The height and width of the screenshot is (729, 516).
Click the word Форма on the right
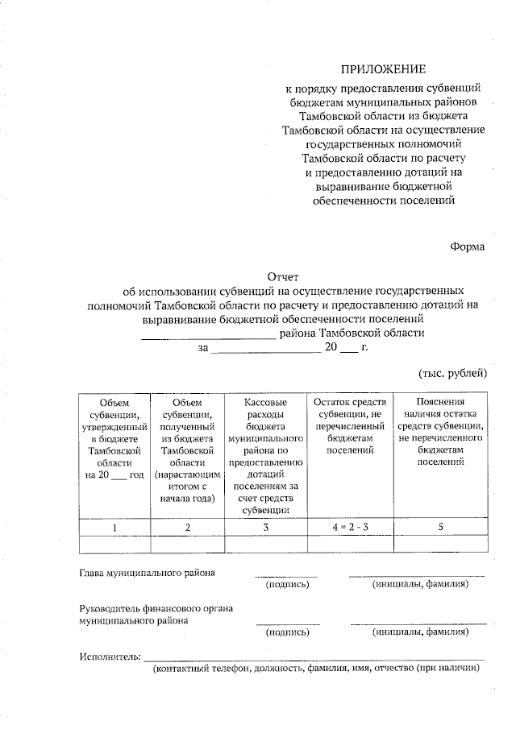click(468, 246)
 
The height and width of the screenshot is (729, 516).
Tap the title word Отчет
click(284, 275)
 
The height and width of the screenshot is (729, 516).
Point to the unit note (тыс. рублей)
click(452, 372)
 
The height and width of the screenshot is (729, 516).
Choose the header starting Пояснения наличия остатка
click(440, 432)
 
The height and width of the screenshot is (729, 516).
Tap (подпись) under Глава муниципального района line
click(287, 584)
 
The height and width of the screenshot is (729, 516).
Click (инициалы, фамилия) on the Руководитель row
click(419, 632)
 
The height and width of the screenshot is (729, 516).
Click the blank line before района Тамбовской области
click(208, 333)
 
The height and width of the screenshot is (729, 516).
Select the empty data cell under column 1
click(114, 545)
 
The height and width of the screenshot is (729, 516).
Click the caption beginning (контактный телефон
click(316, 669)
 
